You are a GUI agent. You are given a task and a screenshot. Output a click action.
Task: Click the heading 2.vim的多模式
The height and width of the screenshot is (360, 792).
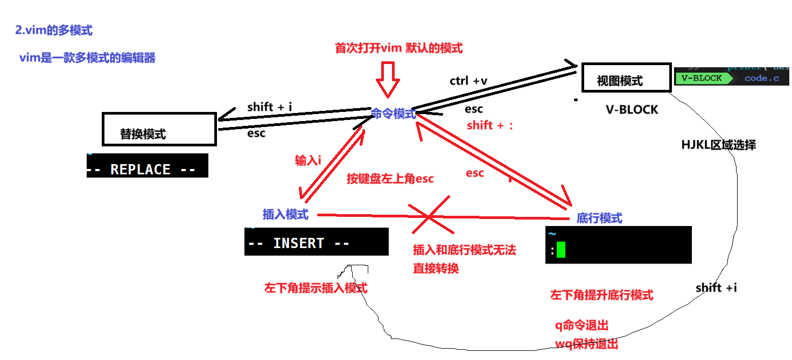click(54, 31)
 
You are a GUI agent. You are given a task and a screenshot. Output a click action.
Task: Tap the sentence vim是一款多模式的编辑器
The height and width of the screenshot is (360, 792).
click(87, 58)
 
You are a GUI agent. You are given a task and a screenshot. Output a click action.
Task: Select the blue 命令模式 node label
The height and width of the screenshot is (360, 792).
click(394, 114)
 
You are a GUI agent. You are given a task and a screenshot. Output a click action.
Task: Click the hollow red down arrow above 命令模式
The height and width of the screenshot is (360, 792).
click(388, 79)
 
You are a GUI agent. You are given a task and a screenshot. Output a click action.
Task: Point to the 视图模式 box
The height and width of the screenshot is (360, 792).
click(620, 81)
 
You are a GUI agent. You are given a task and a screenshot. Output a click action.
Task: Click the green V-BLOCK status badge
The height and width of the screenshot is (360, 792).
click(702, 78)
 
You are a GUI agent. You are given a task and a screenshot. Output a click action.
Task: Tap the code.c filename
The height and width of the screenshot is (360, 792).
click(761, 79)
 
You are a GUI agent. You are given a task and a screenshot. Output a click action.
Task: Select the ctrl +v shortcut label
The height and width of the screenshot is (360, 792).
click(468, 81)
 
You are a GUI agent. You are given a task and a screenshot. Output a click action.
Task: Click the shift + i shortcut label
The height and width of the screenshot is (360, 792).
click(269, 107)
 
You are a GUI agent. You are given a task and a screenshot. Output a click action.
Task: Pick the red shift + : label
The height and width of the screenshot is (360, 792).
click(490, 125)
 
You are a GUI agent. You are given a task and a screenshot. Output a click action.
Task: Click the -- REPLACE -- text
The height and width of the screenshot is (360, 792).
click(141, 170)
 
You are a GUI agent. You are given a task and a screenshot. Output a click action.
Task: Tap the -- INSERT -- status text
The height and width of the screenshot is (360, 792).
click(299, 243)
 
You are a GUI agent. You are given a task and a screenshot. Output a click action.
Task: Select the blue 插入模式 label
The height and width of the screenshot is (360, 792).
click(286, 214)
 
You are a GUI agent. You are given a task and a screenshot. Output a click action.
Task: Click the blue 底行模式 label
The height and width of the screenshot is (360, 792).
click(599, 218)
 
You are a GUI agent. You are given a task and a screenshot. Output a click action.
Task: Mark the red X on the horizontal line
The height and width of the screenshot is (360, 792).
click(429, 215)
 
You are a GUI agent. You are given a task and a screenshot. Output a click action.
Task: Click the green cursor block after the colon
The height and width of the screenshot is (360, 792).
click(561, 250)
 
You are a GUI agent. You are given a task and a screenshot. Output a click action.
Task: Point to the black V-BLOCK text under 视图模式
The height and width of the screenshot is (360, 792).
click(632, 110)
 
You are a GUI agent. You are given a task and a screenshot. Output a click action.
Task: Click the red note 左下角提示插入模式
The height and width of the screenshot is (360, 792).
click(316, 288)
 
